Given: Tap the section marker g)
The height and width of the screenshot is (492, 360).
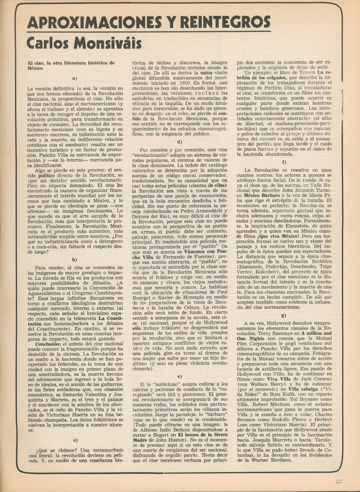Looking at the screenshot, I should coord(284,315).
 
